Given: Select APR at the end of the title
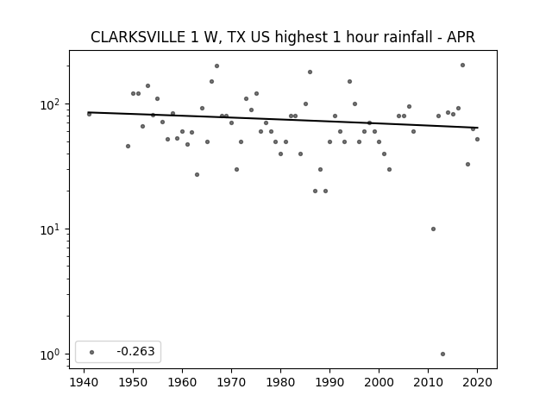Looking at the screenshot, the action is (461, 37).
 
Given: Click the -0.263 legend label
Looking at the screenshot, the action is (135, 351).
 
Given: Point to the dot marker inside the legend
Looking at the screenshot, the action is (92, 352).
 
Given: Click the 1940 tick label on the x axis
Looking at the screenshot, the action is (84, 382).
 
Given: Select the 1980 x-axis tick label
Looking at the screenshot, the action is (280, 382).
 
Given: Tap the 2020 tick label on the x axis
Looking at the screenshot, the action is (477, 382).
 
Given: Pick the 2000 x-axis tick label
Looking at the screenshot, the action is (379, 382).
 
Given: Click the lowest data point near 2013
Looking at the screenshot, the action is (442, 354).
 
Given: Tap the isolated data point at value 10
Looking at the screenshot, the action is (433, 229).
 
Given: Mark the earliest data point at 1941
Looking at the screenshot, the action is (89, 114).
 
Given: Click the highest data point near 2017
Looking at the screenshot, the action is (462, 66).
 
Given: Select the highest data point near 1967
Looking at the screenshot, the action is (216, 66).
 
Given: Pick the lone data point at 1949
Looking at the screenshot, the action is (129, 146).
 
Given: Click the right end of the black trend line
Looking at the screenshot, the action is (478, 128).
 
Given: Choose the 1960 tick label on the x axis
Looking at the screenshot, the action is (182, 382).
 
